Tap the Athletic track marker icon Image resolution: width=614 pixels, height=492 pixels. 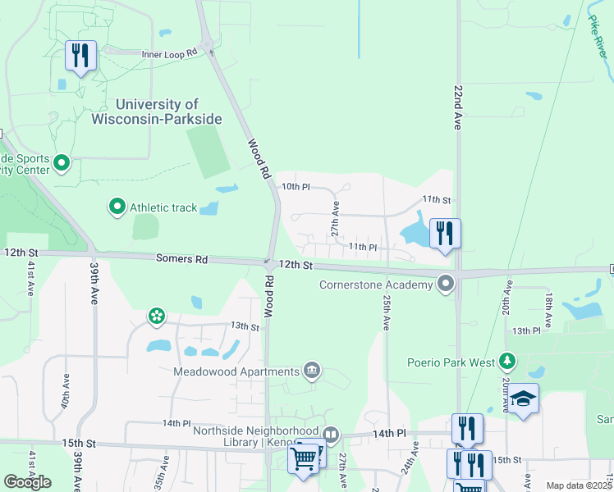[117, 207]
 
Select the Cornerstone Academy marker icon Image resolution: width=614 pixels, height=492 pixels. [446, 285]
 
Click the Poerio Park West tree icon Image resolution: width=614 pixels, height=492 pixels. [507, 362]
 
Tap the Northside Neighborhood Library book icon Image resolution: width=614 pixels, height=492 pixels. [330, 434]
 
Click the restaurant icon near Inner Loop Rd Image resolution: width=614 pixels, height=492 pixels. [80, 56]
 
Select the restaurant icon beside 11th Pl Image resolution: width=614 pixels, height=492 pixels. [445, 232]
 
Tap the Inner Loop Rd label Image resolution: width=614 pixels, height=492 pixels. [170, 53]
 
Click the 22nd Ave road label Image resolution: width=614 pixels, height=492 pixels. [458, 105]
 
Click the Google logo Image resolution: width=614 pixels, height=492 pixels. [27, 481]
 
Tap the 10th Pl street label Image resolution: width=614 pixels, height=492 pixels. [296, 187]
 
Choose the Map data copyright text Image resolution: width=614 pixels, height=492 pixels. [579, 485]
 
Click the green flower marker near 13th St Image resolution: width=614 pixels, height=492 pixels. [156, 316]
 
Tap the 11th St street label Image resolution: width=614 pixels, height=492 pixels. [437, 199]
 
